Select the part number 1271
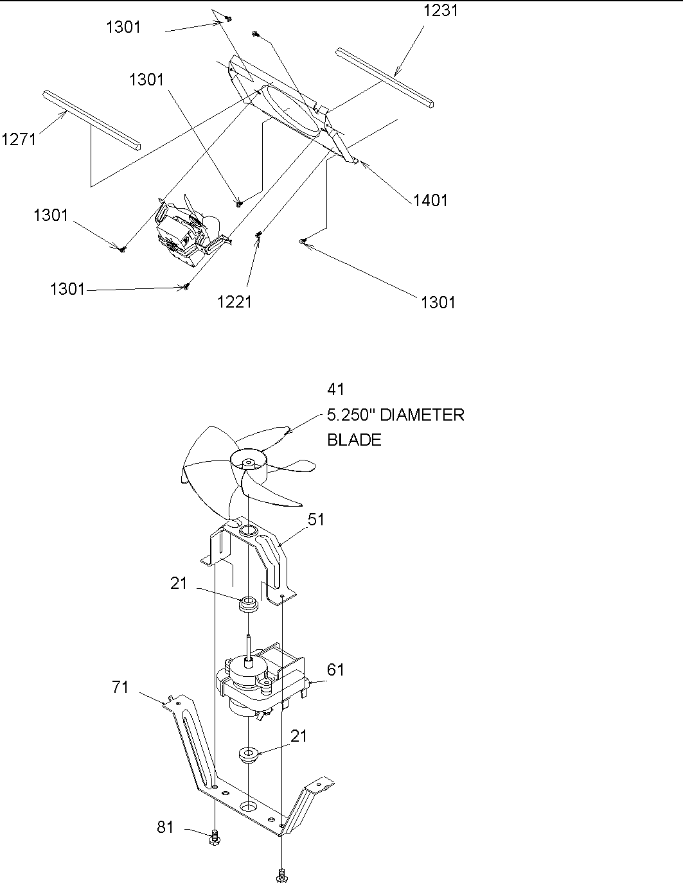pos(19,139)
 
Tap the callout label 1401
pos(430,200)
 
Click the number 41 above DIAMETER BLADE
pos(336,389)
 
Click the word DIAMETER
pos(422,415)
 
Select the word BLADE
pos(354,440)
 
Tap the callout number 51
pos(316,520)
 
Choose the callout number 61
pos(335,670)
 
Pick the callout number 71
pos(120,687)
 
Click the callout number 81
pos(166,827)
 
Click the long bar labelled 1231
pos(384,76)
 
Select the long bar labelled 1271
pos(91,118)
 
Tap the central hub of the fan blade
pos(247,460)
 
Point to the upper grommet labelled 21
pos(247,605)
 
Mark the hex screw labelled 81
pos(214,837)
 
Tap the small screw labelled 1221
pos(259,236)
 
